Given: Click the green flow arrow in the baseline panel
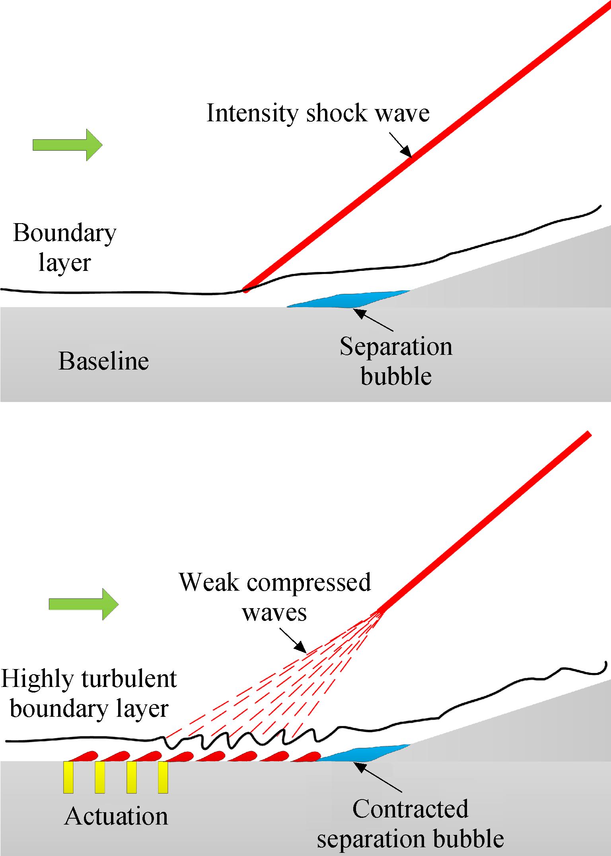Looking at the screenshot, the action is pos(68,145).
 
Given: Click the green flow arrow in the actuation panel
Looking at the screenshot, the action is pos(84,604).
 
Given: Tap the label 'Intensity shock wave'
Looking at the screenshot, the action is pos(318,113).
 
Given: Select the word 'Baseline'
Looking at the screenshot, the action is pos(104,361).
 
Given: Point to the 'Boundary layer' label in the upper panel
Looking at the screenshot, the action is pos(65,247).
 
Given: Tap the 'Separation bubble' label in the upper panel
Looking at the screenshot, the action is pos(396,361).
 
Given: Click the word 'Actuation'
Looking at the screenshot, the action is pos(116,816).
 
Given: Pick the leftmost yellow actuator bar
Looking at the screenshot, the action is pos(68,778).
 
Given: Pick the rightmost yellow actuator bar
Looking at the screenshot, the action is pos(163,778).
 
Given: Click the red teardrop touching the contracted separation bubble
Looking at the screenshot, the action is pos(305,756).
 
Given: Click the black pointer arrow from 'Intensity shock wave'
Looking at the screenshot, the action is pos(400,144).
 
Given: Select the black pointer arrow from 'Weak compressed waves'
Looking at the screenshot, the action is pos(293,641).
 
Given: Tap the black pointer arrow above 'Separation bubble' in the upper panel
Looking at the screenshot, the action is pos(373,320).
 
